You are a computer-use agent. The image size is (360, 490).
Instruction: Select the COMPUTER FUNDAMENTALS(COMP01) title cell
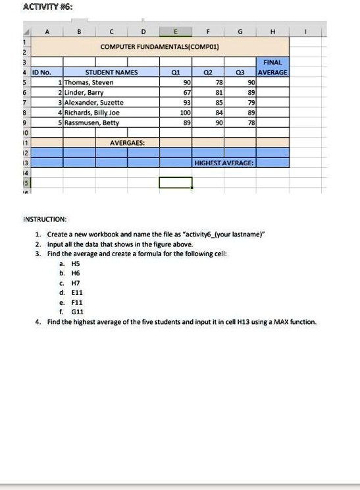pos(160,47)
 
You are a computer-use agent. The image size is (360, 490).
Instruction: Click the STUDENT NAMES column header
pos(111,73)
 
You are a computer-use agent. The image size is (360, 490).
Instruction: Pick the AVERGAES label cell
pos(128,142)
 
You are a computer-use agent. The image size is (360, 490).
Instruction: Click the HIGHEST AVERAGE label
pos(224,162)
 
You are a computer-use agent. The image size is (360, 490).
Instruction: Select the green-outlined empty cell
pos(175,182)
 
